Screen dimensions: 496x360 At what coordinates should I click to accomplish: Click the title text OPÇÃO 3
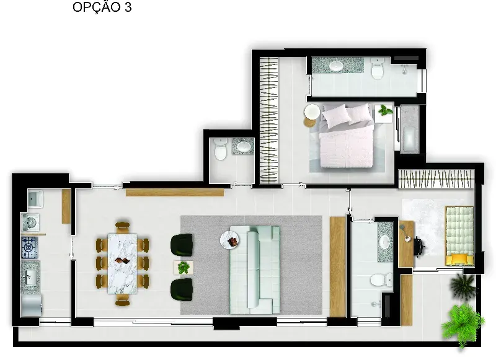pos(102,7)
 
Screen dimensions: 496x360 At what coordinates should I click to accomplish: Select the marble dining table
pos(122,263)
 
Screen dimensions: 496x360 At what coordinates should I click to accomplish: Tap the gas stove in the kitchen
pos(29,247)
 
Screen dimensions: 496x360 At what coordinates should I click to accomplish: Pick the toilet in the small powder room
pos(221,149)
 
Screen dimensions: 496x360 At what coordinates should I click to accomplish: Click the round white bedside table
pos(312,112)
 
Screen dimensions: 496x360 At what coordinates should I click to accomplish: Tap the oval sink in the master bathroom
pos(336,66)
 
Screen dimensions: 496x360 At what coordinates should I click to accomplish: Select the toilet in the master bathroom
pos(378,68)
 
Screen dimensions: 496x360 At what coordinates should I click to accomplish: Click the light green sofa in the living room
pos(255,270)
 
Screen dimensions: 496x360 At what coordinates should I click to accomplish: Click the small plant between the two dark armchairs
pos(184,268)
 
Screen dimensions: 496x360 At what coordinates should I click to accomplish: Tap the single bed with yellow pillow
pos(459,235)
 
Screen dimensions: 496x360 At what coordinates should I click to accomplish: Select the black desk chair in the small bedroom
pos(420,245)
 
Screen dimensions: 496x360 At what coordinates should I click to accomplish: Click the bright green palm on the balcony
pos(463,325)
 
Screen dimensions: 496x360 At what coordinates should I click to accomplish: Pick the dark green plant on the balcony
pos(463,286)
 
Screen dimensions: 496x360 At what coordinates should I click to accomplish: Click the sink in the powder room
pos(243,146)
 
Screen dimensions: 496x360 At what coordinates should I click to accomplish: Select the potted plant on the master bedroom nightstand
pos(385,111)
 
